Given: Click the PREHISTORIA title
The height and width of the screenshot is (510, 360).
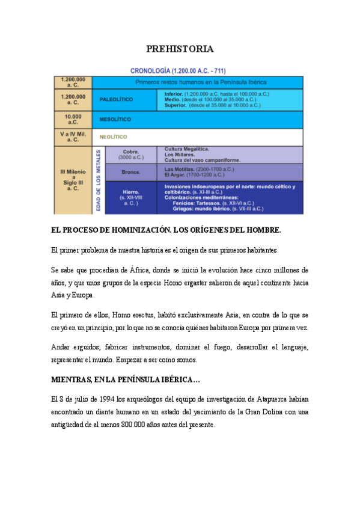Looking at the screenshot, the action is pyautogui.click(x=180, y=49).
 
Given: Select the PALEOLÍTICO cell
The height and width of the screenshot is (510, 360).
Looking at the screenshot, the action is pyautogui.click(x=116, y=99).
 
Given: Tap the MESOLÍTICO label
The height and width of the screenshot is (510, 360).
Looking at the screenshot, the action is pyautogui.click(x=115, y=119).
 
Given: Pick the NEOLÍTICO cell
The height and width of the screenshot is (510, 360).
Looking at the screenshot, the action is pyautogui.click(x=113, y=137).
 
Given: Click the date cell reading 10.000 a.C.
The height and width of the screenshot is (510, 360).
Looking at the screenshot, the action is pyautogui.click(x=73, y=119).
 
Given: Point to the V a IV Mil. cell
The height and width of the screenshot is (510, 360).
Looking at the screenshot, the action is pyautogui.click(x=73, y=137).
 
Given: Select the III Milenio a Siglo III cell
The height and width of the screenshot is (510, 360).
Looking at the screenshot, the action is pyautogui.click(x=73, y=179).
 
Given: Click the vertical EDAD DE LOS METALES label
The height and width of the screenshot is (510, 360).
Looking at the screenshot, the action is pyautogui.click(x=98, y=180).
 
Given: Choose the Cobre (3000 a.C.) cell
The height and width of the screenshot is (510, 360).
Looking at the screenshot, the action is pyautogui.click(x=130, y=155).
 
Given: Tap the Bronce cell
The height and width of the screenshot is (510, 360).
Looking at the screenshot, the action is pyautogui.click(x=130, y=172).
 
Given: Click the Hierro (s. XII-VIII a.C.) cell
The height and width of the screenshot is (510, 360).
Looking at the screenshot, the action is pyautogui.click(x=130, y=197).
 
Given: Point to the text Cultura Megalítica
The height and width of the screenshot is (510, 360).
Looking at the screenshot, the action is pyautogui.click(x=187, y=149).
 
